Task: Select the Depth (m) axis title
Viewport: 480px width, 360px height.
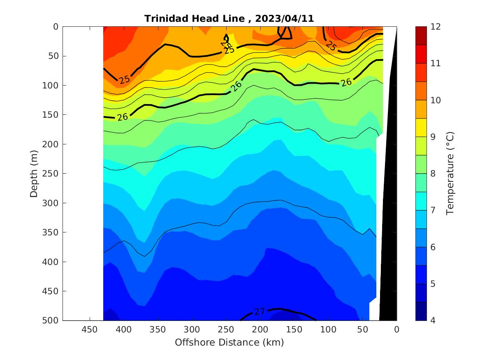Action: coord(34,174)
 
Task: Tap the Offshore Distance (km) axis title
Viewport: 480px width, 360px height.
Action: coord(229,342)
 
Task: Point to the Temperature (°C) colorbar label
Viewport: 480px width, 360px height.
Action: coord(450,174)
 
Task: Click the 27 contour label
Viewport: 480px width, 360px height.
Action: coord(260,312)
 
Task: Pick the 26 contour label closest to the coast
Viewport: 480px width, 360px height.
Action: coord(346,82)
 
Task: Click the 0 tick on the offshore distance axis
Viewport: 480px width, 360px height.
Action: coord(397,330)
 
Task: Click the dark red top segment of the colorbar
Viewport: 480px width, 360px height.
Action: coord(421,36)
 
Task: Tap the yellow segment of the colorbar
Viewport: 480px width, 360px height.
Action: coord(421,128)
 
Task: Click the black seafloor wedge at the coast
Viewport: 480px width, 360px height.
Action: coord(389,206)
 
